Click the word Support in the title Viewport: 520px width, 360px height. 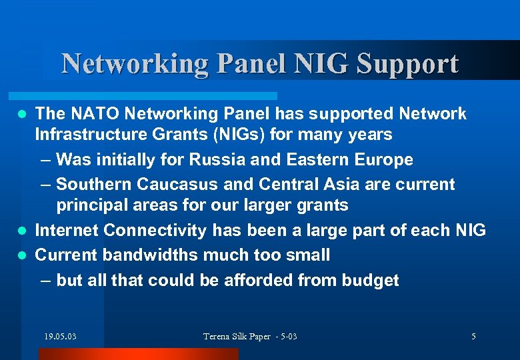pos(407,65)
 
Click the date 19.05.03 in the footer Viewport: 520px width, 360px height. pos(60,337)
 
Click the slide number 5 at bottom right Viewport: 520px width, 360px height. pos(473,337)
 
